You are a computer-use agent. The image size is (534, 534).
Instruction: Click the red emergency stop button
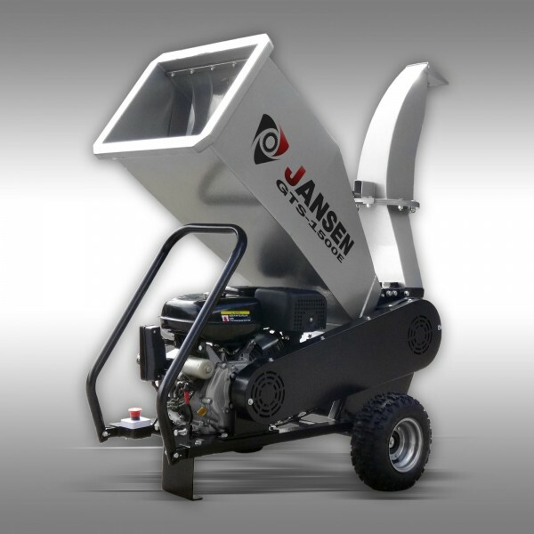[135, 413]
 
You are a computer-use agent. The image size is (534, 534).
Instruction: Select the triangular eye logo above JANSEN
[270, 139]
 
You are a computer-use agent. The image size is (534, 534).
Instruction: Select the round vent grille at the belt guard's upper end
[419, 334]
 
